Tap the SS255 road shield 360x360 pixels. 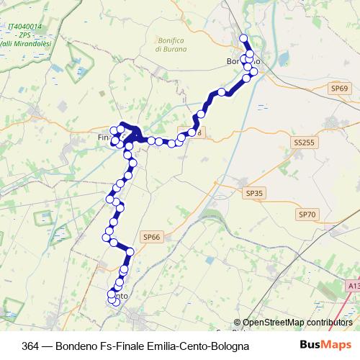tap(305, 143)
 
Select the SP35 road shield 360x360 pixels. tap(255, 193)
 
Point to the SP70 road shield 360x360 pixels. tap(307, 215)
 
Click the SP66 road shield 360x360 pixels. tap(151, 236)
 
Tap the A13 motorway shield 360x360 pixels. tap(352, 286)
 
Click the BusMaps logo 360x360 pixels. tap(326, 345)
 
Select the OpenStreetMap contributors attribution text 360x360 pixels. tap(297, 323)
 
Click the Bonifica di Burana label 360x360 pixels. tap(171, 45)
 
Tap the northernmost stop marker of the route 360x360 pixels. tap(243, 38)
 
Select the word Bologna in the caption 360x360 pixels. tap(229, 346)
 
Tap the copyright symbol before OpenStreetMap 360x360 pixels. tap(237, 323)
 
